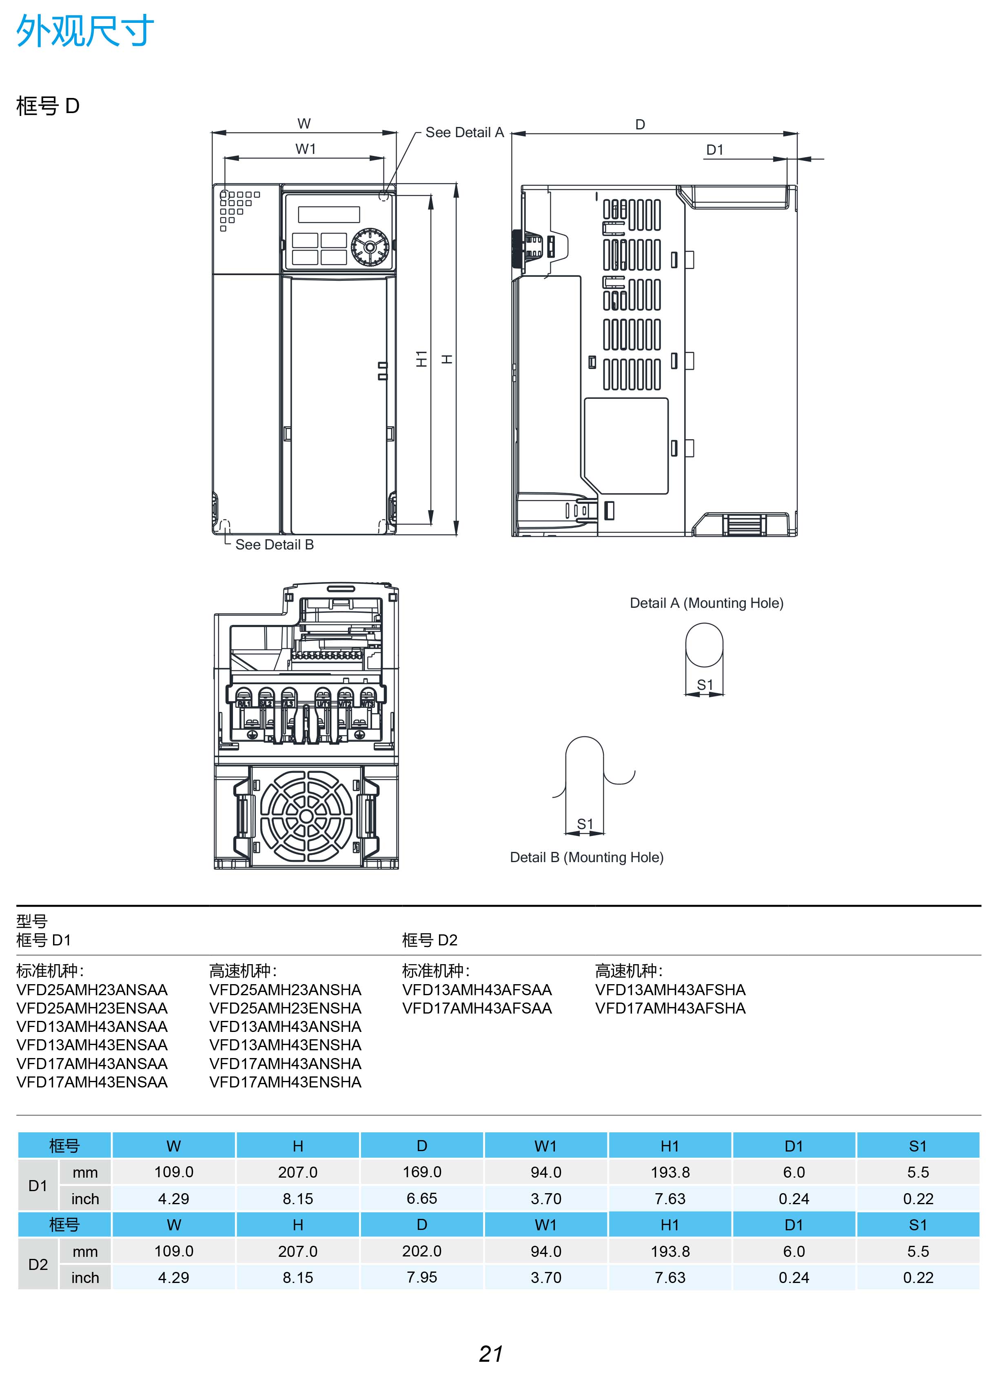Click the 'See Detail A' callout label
tap(464, 133)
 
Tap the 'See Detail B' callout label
tap(274, 545)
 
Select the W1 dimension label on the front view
tap(305, 149)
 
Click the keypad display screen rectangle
tap(329, 214)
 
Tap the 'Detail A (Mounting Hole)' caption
tap(706, 603)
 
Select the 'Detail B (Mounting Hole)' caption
tap(586, 857)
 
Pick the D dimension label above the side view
tap(640, 124)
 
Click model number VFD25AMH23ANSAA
tap(92, 990)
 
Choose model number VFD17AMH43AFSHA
tap(670, 1008)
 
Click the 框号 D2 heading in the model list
tap(429, 940)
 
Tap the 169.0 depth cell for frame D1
tap(422, 1172)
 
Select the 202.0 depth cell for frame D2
tap(422, 1251)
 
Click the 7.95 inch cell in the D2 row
tap(422, 1277)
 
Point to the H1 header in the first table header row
tap(669, 1146)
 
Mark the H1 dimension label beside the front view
tap(422, 359)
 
